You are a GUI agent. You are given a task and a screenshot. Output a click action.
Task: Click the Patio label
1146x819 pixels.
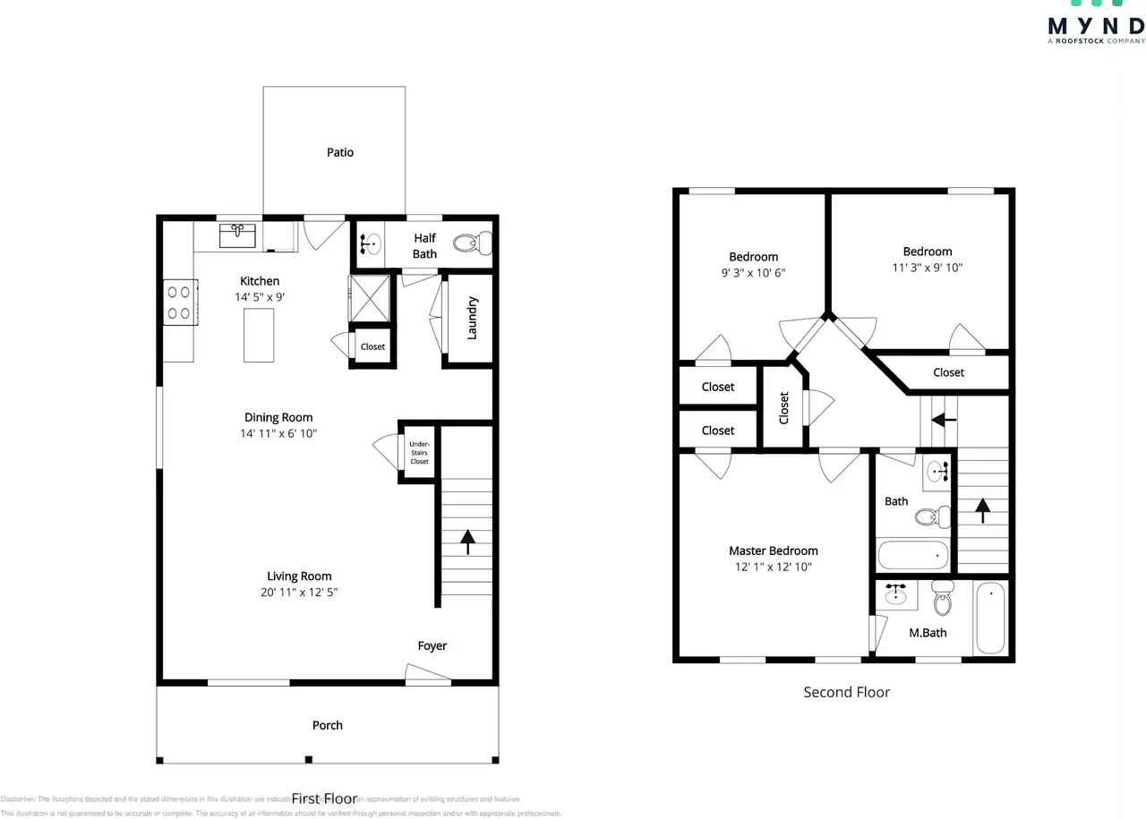point(340,152)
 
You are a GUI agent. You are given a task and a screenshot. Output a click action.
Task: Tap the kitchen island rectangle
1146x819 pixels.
point(259,335)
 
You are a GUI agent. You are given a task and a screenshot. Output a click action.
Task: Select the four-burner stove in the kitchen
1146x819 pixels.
point(178,302)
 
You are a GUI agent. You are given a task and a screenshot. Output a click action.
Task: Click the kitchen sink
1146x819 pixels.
point(238,236)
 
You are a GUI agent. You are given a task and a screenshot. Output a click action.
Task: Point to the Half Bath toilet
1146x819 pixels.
point(472,243)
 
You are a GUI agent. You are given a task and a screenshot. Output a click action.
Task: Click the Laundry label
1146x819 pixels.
point(472,318)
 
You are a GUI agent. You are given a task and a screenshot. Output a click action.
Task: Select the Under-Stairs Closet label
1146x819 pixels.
point(419,452)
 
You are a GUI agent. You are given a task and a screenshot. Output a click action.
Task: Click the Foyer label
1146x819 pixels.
point(432,645)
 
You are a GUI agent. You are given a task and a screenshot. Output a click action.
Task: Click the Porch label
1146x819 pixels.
point(327,725)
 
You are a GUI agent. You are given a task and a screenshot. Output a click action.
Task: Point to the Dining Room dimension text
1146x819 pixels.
point(278,433)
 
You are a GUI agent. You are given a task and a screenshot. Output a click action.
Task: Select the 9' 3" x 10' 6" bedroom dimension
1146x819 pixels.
point(753,273)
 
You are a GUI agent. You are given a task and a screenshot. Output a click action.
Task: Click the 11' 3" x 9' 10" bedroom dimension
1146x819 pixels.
point(927,267)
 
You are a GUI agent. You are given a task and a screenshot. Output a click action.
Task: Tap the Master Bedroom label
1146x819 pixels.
point(773,550)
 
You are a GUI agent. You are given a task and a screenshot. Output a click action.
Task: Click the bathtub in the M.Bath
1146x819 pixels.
point(990,619)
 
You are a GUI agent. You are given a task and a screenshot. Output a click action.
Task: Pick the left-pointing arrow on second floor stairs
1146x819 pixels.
point(944,419)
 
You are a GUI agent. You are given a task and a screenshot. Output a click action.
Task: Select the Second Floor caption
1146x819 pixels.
point(846,692)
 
